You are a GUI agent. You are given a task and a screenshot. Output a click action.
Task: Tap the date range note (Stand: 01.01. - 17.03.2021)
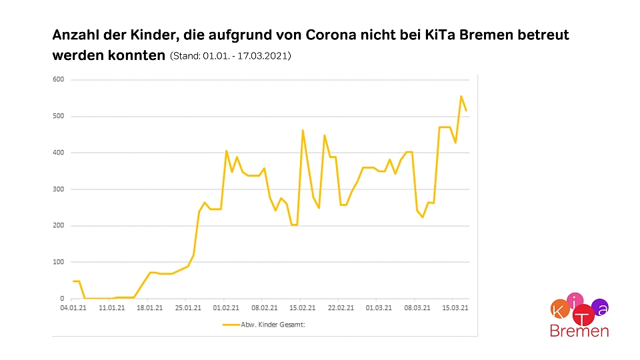point(231,57)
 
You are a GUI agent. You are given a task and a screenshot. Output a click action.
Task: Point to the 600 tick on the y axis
point(61,80)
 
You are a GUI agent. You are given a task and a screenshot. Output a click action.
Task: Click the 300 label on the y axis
point(61,189)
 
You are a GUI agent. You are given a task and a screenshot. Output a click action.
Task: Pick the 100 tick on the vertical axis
point(61,262)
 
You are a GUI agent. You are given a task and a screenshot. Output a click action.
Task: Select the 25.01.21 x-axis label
point(189,309)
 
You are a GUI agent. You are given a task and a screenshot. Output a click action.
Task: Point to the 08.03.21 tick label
point(417,309)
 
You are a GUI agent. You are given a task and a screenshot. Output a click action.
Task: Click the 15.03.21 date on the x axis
point(455,309)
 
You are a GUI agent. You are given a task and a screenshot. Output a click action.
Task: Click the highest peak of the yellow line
point(461,96)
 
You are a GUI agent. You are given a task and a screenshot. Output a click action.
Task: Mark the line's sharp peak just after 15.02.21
point(303,131)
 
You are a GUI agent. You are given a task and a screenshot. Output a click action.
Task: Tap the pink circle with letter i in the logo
point(576,301)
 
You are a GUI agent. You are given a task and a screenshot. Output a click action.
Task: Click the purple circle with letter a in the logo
point(600,307)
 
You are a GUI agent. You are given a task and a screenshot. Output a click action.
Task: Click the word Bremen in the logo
point(579,331)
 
